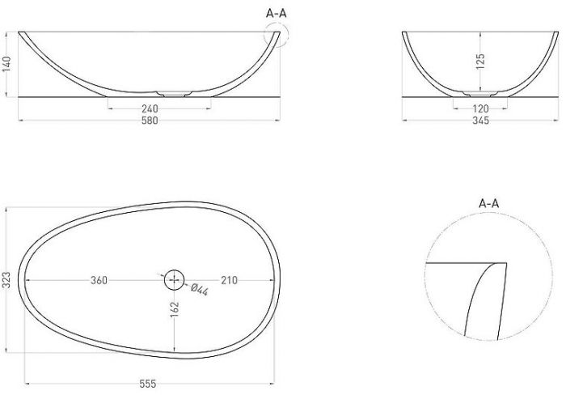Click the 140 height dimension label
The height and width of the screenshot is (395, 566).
[7, 64]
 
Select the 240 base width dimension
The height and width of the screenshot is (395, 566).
[150, 108]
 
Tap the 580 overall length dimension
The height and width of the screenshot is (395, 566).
[150, 121]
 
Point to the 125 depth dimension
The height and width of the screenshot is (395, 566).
[480, 62]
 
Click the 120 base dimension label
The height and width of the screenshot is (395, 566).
[480, 108]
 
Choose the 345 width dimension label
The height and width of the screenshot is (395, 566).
[480, 121]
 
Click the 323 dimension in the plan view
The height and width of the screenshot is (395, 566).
[7, 280]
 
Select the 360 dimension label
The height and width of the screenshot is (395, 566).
[99, 280]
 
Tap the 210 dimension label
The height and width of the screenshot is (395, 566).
[229, 280]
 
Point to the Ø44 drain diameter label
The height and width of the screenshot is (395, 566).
[199, 290]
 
